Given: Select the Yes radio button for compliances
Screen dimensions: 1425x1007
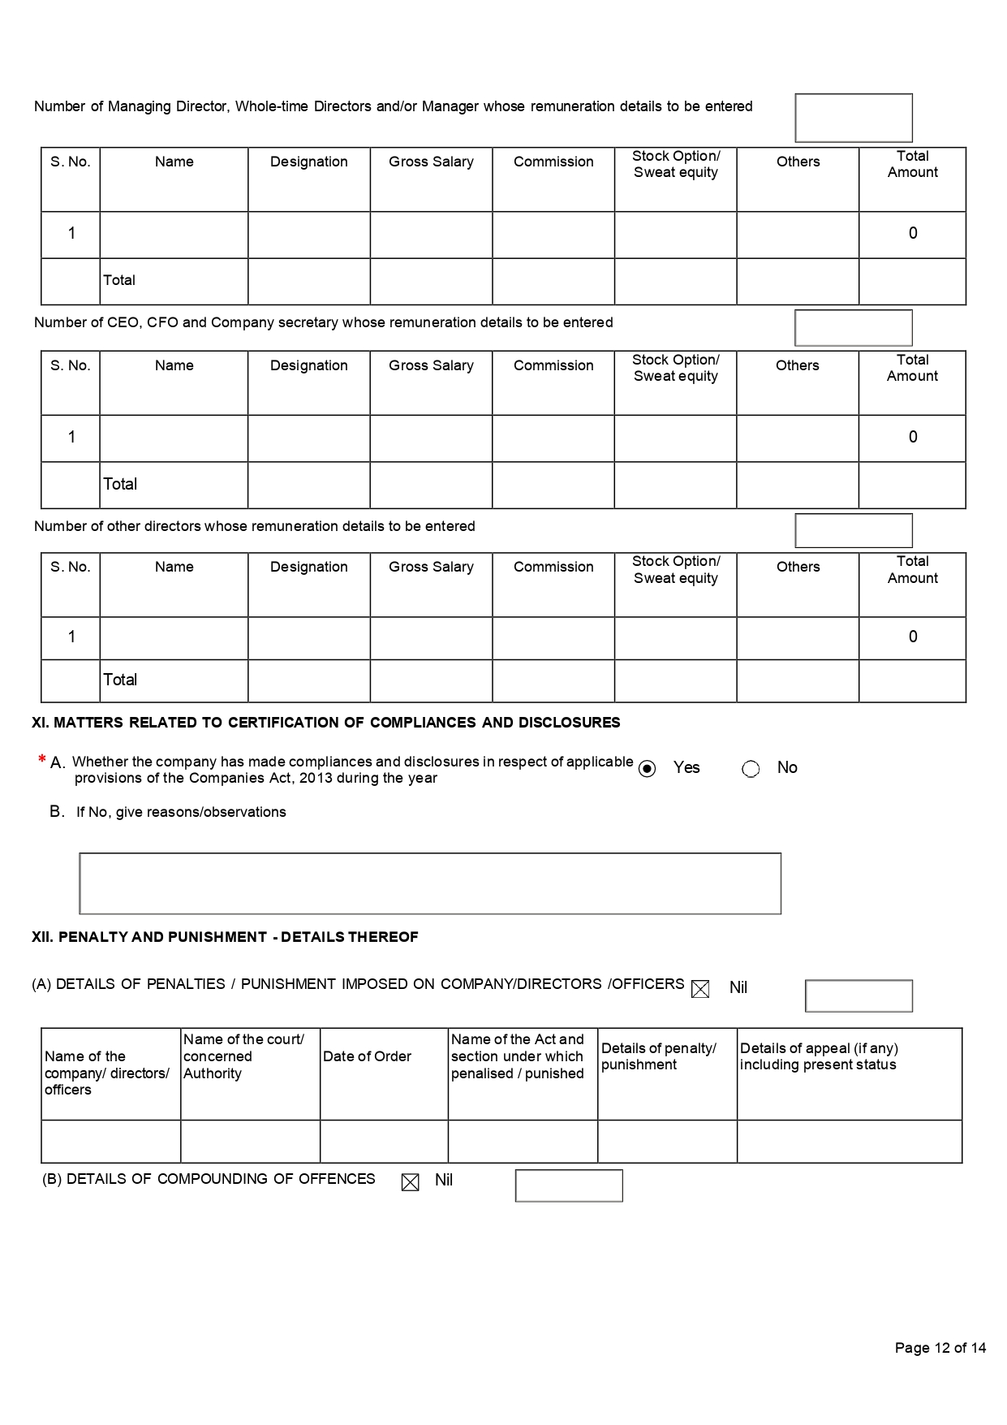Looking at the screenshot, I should click(x=647, y=769).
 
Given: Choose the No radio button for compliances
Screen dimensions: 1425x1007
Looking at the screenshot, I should click(x=751, y=769).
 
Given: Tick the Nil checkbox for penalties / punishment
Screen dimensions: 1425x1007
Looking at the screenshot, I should click(x=700, y=988).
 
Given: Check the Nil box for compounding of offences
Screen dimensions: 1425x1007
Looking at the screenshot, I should click(x=411, y=1182).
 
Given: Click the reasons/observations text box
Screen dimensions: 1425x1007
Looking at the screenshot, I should click(x=430, y=883).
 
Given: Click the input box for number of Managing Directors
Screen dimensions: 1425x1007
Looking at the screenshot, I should click(x=854, y=118).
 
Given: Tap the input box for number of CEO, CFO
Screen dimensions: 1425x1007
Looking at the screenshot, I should click(x=854, y=328).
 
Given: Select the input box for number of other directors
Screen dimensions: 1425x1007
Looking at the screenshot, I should click(x=854, y=530).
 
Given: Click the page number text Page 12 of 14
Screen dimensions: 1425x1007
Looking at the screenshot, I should click(x=940, y=1348).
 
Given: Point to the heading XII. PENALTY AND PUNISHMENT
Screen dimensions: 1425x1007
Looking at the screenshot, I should click(x=225, y=937).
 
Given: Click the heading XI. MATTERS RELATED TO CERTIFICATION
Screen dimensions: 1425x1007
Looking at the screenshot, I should click(x=325, y=723).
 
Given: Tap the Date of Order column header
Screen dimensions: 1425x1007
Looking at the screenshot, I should click(x=368, y=1056).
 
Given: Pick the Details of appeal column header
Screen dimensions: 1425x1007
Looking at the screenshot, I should click(x=818, y=1056).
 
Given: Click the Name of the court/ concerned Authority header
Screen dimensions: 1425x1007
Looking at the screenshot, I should click(x=243, y=1056).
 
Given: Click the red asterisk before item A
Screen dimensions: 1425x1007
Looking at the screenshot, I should click(x=41, y=760).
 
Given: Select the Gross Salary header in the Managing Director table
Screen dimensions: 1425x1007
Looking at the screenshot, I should click(x=431, y=162).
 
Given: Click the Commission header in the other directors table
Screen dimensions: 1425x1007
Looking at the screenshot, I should click(x=553, y=567).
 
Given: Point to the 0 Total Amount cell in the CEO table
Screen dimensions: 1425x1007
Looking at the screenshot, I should click(x=913, y=437).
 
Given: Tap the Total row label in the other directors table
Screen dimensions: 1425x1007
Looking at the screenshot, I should click(x=120, y=680).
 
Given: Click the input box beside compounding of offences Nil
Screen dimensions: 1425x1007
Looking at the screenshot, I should click(x=569, y=1185).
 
